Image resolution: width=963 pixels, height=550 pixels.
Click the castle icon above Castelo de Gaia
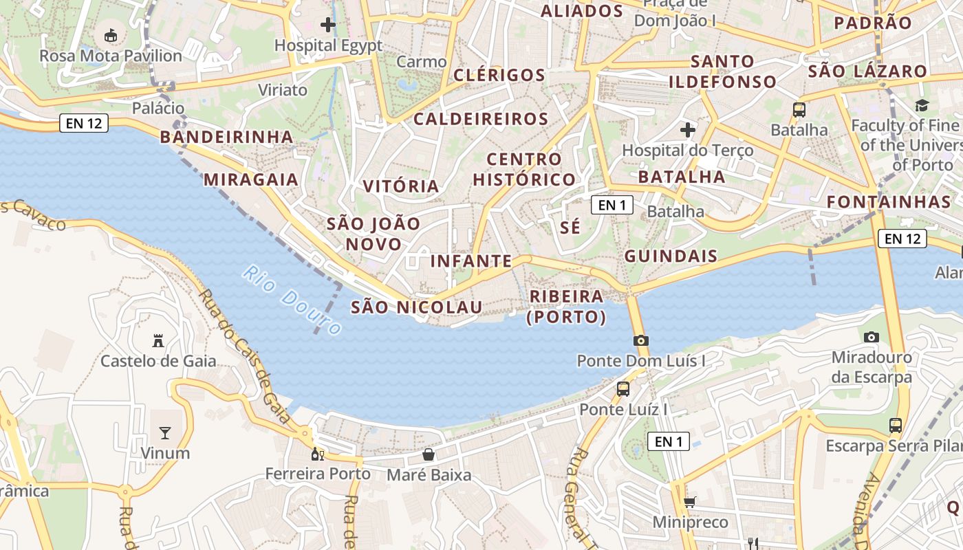pyautogui.click(x=158, y=340)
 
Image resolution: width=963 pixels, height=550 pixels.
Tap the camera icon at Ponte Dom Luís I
pyautogui.click(x=641, y=340)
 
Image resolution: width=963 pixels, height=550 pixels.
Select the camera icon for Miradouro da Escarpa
pyautogui.click(x=871, y=337)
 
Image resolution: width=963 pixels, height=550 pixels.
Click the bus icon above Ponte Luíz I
pyautogui.click(x=623, y=389)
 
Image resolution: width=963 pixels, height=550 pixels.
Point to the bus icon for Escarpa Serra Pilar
pyautogui.click(x=895, y=425)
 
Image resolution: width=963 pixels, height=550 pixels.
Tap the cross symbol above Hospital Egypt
pyautogui.click(x=328, y=25)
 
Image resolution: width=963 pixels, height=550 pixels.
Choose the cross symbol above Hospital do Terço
pyautogui.click(x=687, y=129)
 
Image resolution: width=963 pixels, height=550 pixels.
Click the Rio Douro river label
pyautogui.click(x=292, y=300)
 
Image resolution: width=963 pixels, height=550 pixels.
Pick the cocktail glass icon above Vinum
pyautogui.click(x=165, y=432)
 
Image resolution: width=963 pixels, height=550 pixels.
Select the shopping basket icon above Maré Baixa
pyautogui.click(x=429, y=454)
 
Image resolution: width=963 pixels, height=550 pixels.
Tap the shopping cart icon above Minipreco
pyautogui.click(x=689, y=503)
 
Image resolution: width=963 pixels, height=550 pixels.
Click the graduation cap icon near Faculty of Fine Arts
pyautogui.click(x=921, y=105)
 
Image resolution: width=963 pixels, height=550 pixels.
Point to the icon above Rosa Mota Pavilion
pyautogui.click(x=110, y=34)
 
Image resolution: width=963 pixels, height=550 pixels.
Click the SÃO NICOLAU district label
pyautogui.click(x=417, y=307)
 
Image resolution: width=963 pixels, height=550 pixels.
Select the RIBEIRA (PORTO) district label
pyautogui.click(x=566, y=307)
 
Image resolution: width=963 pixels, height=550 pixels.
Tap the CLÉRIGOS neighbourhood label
pyautogui.click(x=500, y=75)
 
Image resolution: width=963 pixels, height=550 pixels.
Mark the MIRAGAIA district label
pyautogui.click(x=251, y=180)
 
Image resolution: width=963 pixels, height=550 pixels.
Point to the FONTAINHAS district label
pyautogui.click(x=888, y=202)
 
